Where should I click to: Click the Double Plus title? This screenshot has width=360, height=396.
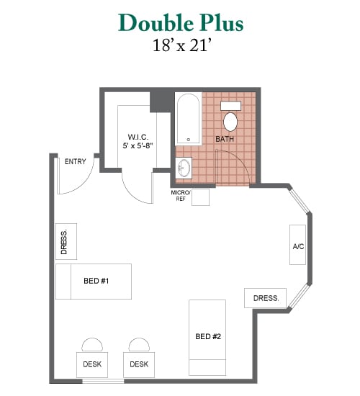[181, 23]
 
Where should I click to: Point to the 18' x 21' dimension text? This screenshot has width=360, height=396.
[181, 45]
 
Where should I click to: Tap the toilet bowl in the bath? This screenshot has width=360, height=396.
[230, 122]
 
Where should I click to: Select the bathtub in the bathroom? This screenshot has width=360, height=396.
[188, 119]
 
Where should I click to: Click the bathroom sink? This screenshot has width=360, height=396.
[184, 168]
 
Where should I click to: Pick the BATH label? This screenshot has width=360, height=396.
[225, 139]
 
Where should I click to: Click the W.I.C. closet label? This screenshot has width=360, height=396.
[138, 137]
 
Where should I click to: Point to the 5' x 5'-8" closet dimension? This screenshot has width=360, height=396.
[138, 145]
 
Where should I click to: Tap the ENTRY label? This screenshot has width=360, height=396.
[76, 161]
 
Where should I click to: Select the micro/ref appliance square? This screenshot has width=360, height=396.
[201, 197]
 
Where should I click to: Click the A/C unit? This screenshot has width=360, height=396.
[297, 245]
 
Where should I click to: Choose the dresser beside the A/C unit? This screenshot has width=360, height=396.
[265, 298]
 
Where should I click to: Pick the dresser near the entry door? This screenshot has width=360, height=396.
[66, 241]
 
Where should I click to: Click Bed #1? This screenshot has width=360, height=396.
[94, 282]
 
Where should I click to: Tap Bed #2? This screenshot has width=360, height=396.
[207, 338]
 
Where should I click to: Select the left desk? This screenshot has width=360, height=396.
[92, 365]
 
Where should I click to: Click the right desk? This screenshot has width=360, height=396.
[139, 365]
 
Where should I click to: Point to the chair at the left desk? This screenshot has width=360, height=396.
[92, 345]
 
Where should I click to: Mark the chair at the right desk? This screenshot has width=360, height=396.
[139, 345]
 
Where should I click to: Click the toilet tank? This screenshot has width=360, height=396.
[230, 106]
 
